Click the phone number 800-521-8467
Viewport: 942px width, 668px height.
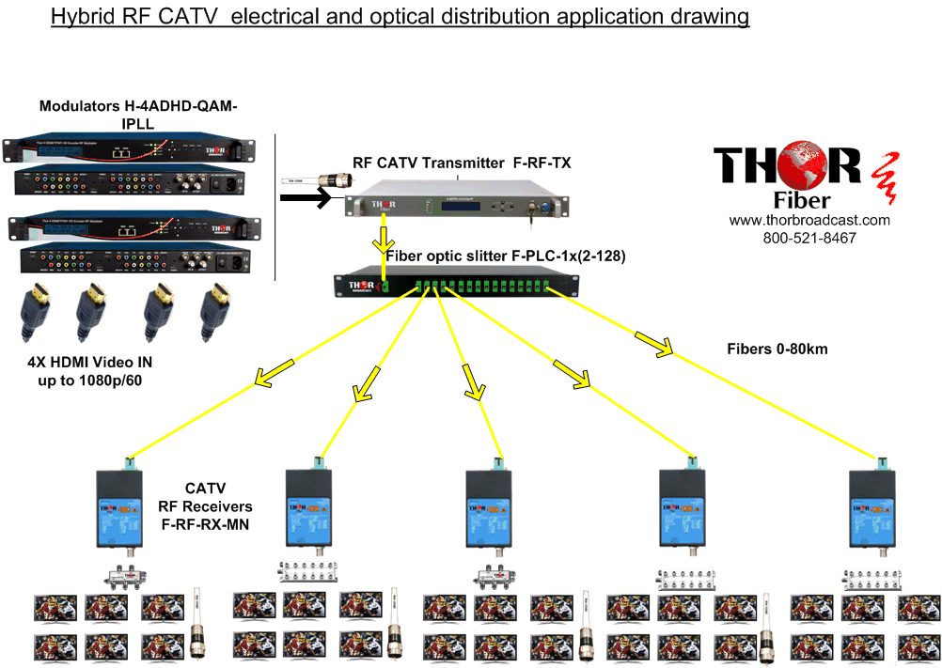tap(809, 239)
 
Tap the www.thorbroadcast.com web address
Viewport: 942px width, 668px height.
tap(809, 220)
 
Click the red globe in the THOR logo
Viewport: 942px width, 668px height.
tap(835, 164)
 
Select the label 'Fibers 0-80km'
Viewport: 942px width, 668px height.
tap(777, 350)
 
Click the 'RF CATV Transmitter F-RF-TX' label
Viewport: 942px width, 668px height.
tap(462, 163)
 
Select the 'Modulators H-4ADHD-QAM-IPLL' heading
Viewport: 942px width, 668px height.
tap(138, 115)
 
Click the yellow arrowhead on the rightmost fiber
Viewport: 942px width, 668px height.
tap(654, 343)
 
